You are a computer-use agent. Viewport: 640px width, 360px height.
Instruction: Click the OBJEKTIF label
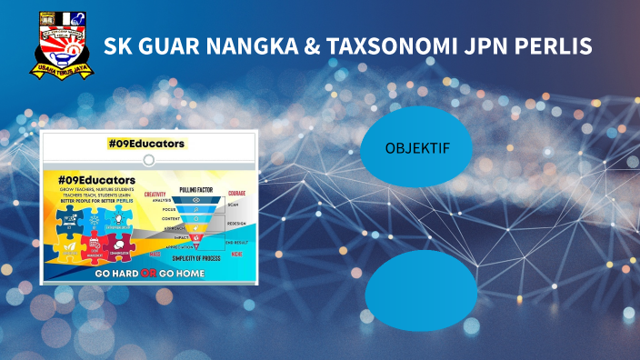pos(416,148)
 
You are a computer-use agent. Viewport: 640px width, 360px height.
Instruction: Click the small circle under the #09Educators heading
pos(149,159)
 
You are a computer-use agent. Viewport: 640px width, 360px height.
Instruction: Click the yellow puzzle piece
pos(69,245)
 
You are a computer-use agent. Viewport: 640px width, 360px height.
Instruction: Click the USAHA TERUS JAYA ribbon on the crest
pos(61,67)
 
